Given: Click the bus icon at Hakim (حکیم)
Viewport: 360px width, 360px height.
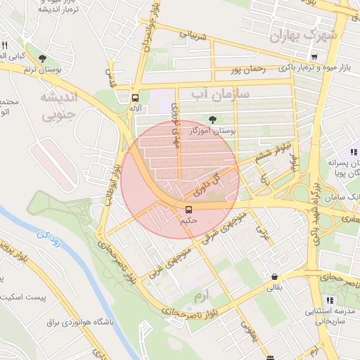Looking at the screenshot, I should (x=188, y=210).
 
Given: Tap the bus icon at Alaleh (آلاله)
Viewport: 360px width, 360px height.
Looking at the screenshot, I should (x=135, y=98).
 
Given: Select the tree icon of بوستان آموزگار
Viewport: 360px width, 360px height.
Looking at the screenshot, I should (x=213, y=119).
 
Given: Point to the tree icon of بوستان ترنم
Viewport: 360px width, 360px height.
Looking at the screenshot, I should (x=43, y=58).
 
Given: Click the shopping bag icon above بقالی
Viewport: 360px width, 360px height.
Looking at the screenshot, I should (x=274, y=276).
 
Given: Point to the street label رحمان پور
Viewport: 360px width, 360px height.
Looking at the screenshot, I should (x=249, y=70).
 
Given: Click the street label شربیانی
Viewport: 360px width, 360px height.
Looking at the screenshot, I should (x=194, y=34).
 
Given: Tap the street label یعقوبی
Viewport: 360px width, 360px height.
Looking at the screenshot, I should (x=250, y=334).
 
